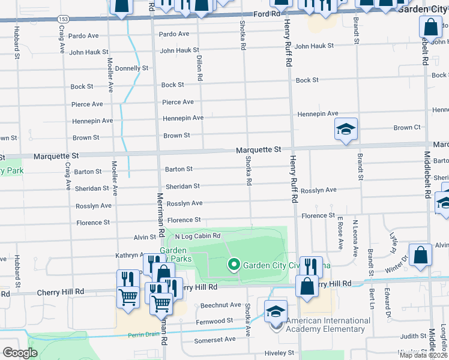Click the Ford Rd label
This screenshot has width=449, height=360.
point(267,13)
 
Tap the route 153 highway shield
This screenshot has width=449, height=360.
point(63,19)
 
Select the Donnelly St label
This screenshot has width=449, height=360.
point(131,68)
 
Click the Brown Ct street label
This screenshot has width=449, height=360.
point(407,128)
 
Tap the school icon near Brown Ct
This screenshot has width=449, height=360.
point(346,129)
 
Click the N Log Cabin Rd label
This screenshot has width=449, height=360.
point(198,236)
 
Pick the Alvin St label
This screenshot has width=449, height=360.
point(145,238)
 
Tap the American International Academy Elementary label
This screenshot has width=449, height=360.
point(328,325)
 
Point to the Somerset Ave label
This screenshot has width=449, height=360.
point(215,340)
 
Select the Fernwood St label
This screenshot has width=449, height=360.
point(214,322)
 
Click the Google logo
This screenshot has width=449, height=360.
point(20,353)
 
